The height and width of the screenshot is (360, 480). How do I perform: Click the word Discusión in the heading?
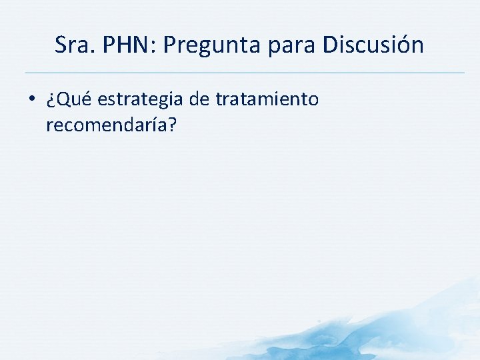373,45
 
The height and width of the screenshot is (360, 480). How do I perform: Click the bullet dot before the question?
32,100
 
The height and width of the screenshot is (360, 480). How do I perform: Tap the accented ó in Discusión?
403,45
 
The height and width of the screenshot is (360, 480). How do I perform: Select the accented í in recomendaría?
153,124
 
